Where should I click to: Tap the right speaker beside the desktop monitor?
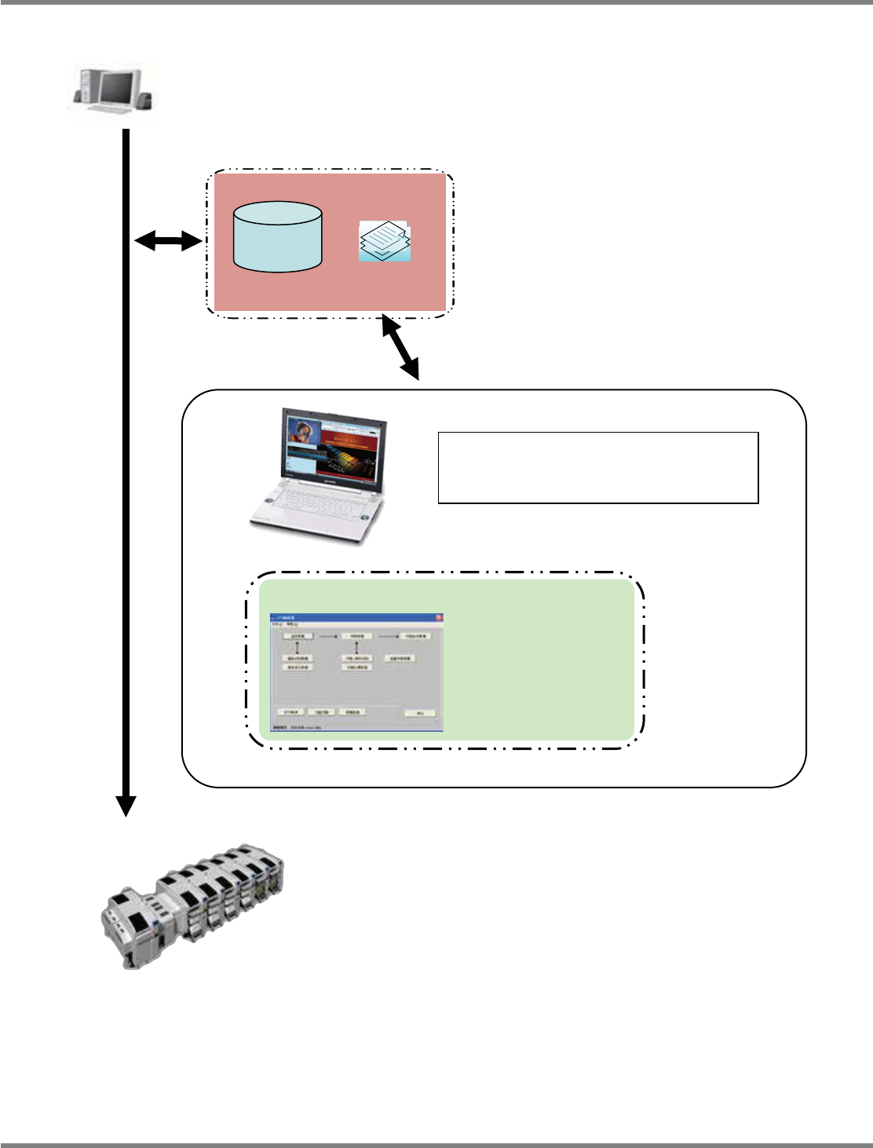click(144, 101)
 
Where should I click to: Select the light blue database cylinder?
click(278, 236)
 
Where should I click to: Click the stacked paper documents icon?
click(385, 240)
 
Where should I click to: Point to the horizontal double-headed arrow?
click(168, 242)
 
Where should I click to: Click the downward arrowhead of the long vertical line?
click(126, 806)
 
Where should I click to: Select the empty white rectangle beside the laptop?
click(597, 467)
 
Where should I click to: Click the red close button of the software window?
click(439, 619)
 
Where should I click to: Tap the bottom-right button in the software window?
click(420, 713)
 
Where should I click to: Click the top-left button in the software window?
click(298, 636)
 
